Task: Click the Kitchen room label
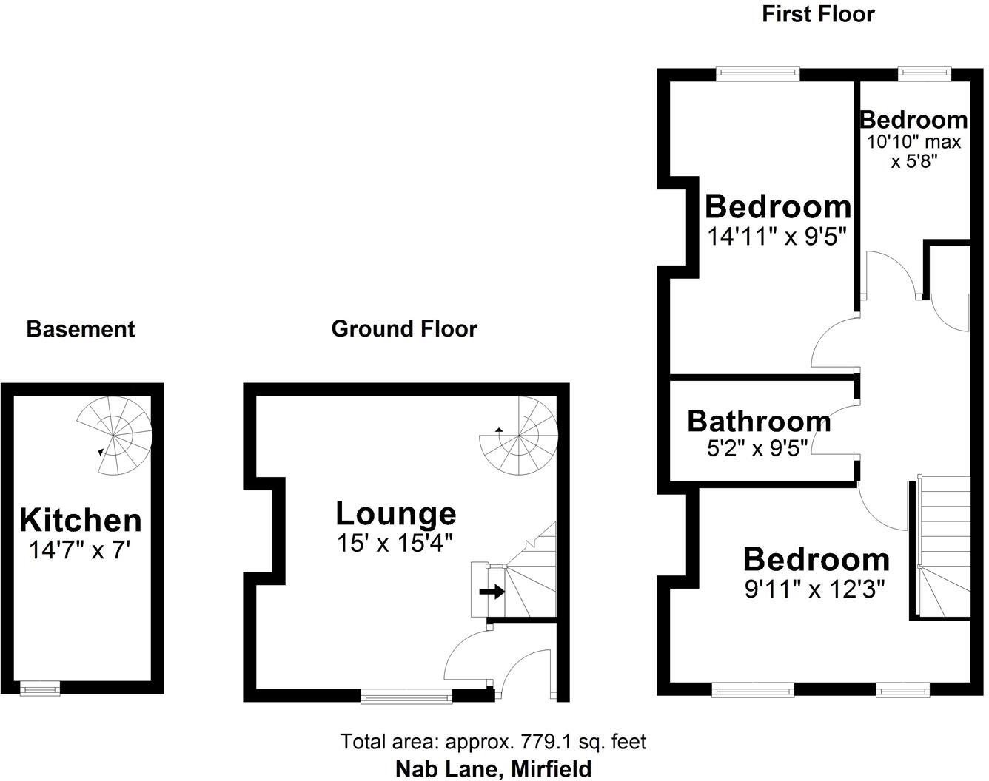tap(80, 520)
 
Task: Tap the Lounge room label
tap(395, 513)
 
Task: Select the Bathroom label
tap(759, 421)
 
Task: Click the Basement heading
tap(81, 329)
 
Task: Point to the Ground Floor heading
tap(404, 328)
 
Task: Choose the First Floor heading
tap(818, 13)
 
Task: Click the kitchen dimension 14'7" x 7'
tap(80, 550)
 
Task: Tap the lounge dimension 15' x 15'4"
tap(395, 544)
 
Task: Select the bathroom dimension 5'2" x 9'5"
tap(758, 447)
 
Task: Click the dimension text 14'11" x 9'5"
tap(776, 237)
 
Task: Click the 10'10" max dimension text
tap(913, 142)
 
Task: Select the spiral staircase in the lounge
tap(517, 434)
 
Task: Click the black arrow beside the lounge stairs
tap(492, 591)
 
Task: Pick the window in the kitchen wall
tap(40, 689)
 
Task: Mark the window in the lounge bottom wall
tap(406, 696)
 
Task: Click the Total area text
tap(493, 741)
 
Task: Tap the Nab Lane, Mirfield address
tap(493, 768)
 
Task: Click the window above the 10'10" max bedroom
tap(924, 72)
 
